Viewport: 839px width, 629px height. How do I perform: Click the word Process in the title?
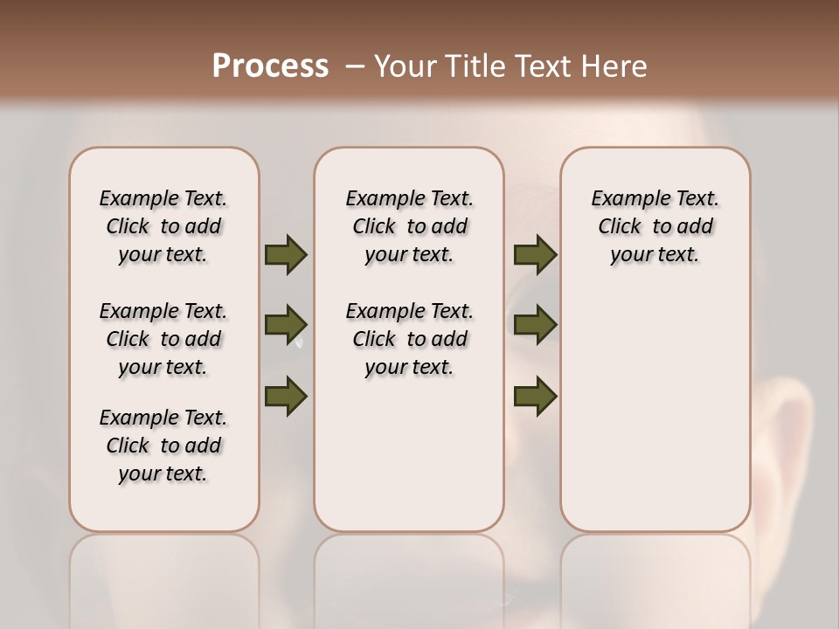[269, 66]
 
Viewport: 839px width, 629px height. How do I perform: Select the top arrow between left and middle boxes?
[286, 254]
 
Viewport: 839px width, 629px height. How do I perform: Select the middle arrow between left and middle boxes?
[286, 325]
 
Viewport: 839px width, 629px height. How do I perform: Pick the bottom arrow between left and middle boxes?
[286, 395]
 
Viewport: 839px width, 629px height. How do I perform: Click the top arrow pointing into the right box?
[535, 254]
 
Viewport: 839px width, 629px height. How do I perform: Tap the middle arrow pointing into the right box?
[535, 325]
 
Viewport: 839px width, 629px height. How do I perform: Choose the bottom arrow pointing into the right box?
[535, 396]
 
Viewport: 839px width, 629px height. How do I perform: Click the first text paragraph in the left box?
[163, 226]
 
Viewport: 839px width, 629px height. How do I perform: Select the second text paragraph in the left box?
[163, 339]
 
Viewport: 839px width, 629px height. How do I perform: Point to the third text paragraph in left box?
[163, 446]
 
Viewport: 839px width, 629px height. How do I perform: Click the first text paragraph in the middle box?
[410, 226]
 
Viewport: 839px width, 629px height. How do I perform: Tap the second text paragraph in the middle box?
[410, 339]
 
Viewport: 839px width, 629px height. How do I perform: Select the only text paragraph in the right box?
[655, 226]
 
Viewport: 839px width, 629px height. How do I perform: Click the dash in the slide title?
[355, 67]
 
